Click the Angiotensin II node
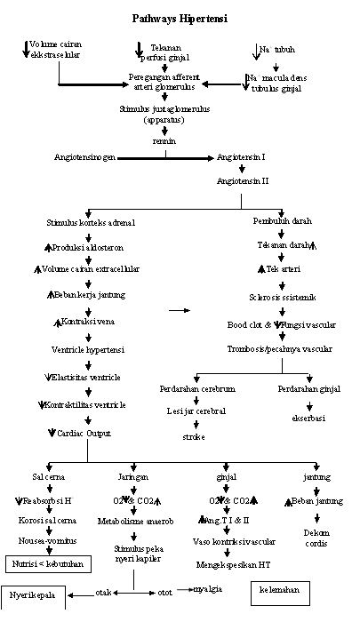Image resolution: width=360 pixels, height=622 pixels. pyautogui.click(x=241, y=179)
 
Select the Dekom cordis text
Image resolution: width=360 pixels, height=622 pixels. pyautogui.click(x=316, y=538)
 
